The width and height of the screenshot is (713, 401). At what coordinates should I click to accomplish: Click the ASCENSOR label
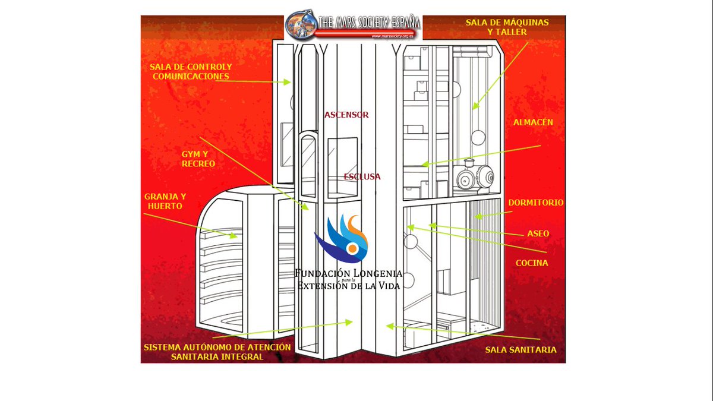click(346, 115)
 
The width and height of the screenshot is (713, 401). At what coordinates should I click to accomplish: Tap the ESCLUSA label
click(362, 176)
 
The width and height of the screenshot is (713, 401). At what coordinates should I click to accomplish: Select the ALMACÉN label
click(533, 122)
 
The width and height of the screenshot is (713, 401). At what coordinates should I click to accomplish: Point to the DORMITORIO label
click(536, 203)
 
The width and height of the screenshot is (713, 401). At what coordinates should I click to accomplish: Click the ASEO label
click(538, 233)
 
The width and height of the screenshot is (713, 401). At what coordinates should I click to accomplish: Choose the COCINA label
click(532, 263)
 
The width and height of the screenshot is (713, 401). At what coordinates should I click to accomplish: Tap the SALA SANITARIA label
click(520, 350)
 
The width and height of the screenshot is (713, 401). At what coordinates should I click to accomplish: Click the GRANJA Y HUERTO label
click(165, 201)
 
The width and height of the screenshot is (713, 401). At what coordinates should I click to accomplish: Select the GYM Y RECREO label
click(198, 159)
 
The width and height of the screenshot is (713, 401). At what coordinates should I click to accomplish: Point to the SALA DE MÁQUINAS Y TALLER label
click(507, 27)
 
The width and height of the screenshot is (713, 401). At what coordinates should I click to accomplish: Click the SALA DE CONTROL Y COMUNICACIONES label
click(191, 72)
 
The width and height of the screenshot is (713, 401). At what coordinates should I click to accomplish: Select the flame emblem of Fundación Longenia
click(342, 239)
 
